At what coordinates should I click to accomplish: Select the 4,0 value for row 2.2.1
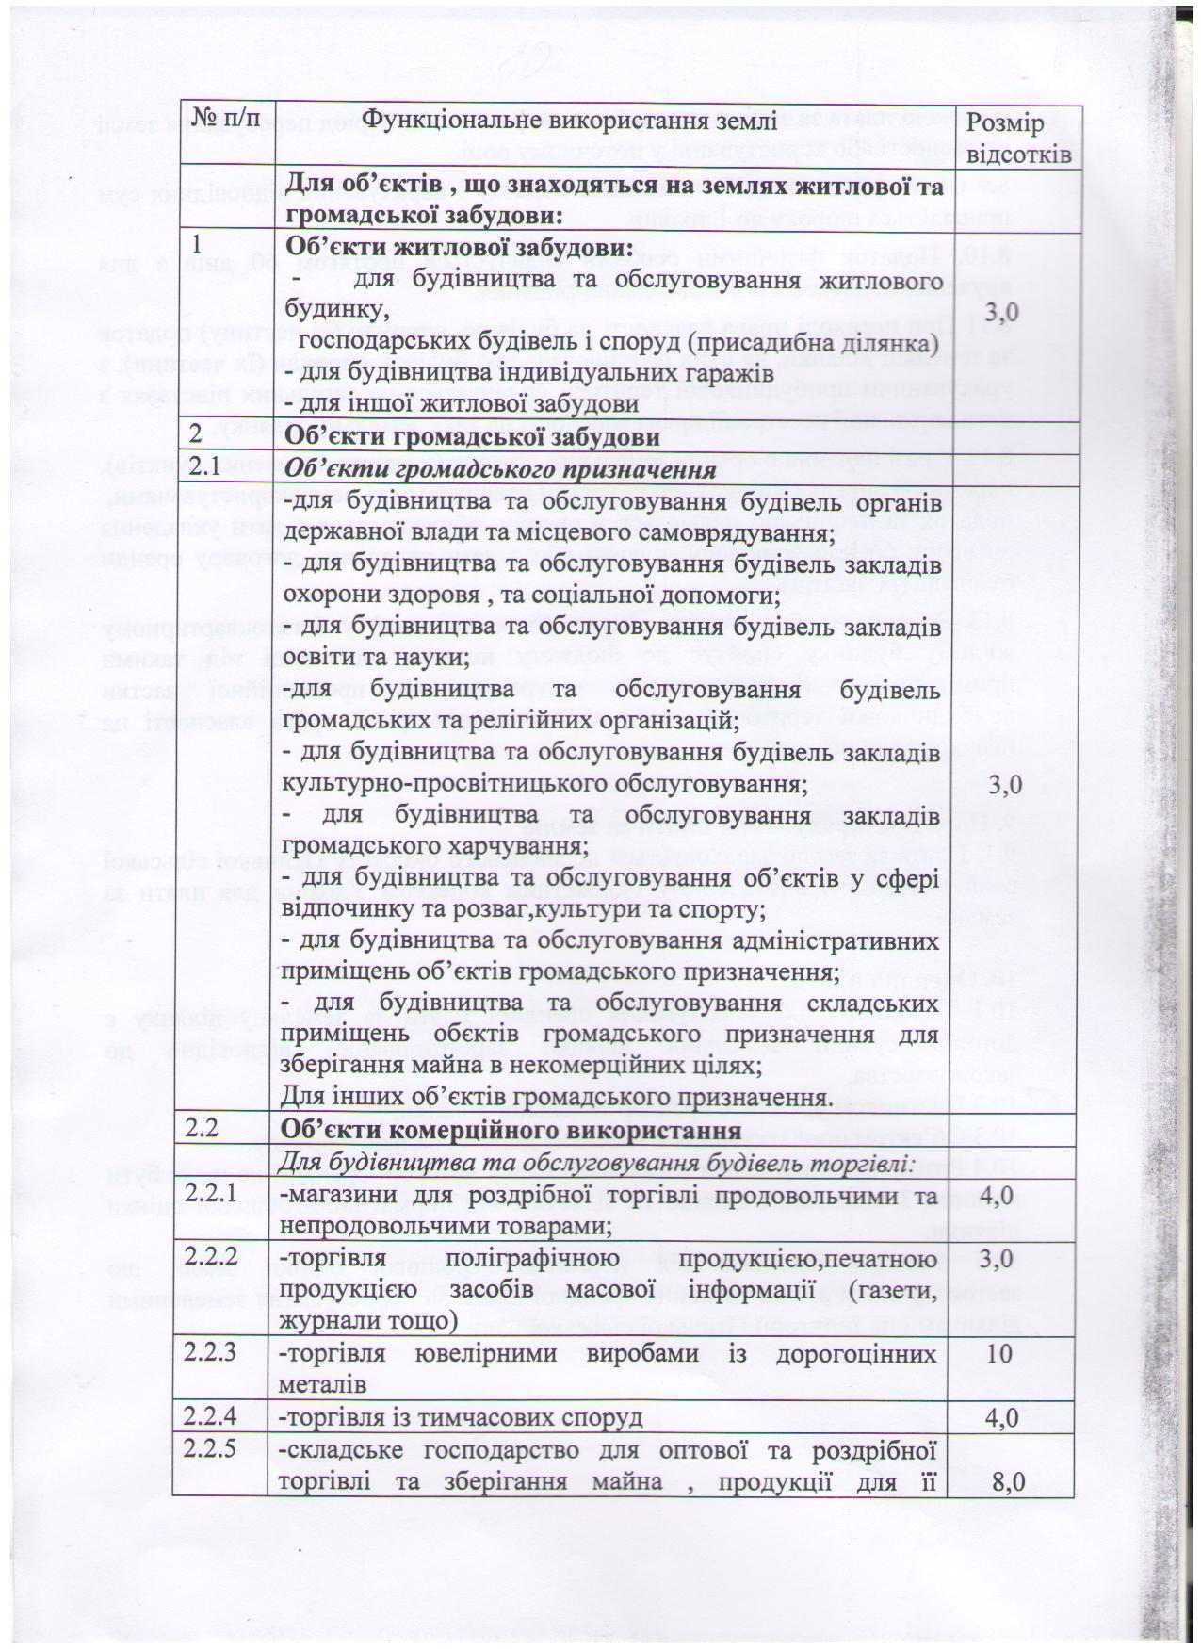click(x=997, y=1196)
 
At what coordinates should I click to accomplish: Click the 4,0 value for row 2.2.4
click(x=997, y=1417)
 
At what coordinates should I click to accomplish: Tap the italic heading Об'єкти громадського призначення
click(x=496, y=469)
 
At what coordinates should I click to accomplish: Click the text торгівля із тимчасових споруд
click(x=462, y=1417)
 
